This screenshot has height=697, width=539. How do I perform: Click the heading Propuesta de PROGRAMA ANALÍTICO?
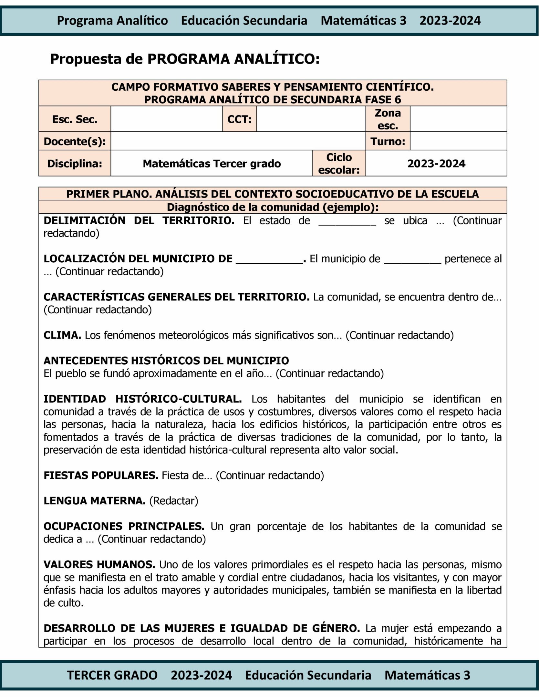pyautogui.click(x=184, y=59)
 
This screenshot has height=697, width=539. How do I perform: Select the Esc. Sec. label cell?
pyautogui.click(x=75, y=119)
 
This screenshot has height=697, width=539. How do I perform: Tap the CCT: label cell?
pyautogui.click(x=239, y=119)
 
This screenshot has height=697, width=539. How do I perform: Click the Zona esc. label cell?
pyautogui.click(x=388, y=119)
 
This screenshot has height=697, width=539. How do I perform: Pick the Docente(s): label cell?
pyautogui.click(x=75, y=141)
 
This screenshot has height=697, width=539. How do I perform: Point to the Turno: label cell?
pyautogui.click(x=388, y=141)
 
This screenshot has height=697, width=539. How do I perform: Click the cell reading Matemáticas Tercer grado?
pyautogui.click(x=212, y=164)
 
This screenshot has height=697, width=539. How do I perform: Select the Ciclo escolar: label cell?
pyautogui.click(x=339, y=164)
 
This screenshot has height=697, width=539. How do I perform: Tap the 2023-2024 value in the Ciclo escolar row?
pyautogui.click(x=436, y=164)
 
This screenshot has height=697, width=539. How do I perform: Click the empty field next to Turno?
pyautogui.click(x=458, y=141)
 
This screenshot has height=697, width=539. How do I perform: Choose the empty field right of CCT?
pyautogui.click(x=311, y=119)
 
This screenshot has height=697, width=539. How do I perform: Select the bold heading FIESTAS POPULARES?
pyautogui.click(x=101, y=475)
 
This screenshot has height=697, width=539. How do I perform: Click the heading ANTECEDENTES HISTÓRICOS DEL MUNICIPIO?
pyautogui.click(x=166, y=360)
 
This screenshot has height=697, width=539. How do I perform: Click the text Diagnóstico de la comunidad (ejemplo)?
pyautogui.click(x=273, y=207)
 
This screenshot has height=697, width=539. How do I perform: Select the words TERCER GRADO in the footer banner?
pyautogui.click(x=112, y=675)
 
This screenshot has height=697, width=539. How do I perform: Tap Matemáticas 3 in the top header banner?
pyautogui.click(x=363, y=21)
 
